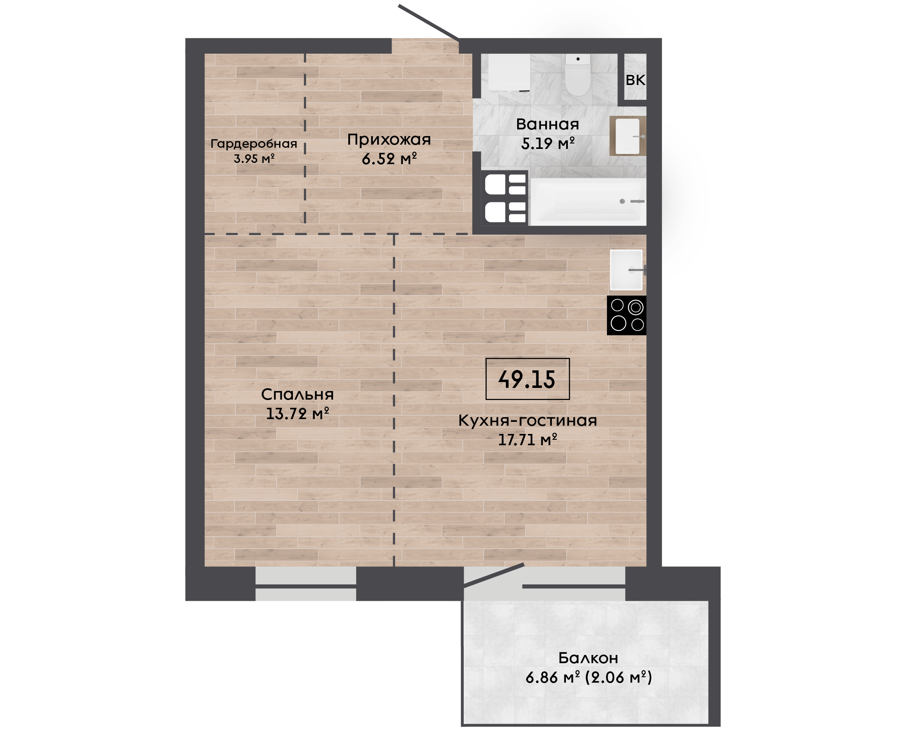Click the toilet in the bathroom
(578, 74)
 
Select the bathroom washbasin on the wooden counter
(628, 136)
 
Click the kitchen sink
(626, 270)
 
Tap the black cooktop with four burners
(627, 315)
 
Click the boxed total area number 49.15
(527, 379)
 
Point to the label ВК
(635, 80)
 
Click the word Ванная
(548, 124)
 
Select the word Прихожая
(389, 140)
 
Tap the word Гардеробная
(254, 144)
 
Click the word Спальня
(297, 395)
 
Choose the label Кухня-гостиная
(528, 420)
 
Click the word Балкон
(589, 658)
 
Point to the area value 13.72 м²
(297, 414)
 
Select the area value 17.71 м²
(528, 440)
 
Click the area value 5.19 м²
(548, 143)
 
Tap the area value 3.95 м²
(254, 159)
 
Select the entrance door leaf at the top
(428, 23)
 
